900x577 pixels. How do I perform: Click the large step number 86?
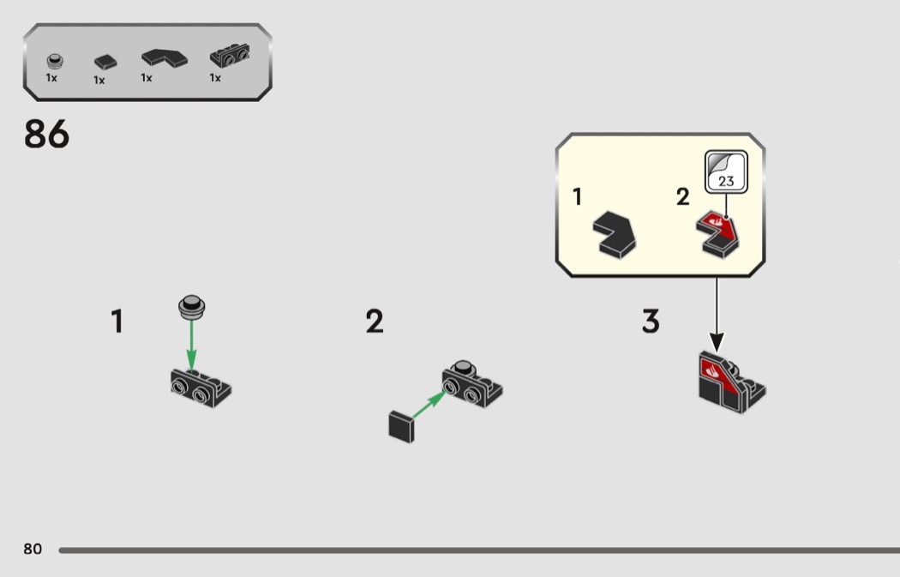[x=46, y=135]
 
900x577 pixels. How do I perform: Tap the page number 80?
[x=33, y=549]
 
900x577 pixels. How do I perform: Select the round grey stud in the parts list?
[x=55, y=62]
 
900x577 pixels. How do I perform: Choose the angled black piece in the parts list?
[x=165, y=57]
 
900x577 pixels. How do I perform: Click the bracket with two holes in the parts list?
[x=230, y=57]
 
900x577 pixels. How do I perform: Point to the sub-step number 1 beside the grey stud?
[x=117, y=322]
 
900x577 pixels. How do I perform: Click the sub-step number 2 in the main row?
[x=375, y=322]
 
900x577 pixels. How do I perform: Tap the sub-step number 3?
[x=651, y=322]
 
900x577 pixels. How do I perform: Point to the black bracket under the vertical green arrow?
[x=201, y=387]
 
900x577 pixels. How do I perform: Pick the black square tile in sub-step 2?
[x=401, y=426]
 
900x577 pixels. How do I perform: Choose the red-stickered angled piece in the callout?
[x=720, y=233]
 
